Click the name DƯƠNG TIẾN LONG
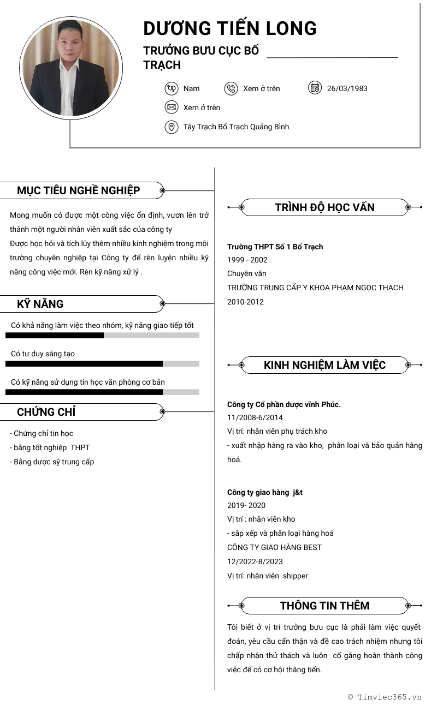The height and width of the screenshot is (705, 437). point(229,28)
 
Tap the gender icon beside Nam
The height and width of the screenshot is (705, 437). point(172,88)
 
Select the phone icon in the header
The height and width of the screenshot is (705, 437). point(231,88)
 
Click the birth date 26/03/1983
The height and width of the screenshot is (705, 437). point(347,88)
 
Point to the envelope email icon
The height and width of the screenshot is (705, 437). point(172,107)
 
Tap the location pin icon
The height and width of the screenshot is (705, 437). point(172,127)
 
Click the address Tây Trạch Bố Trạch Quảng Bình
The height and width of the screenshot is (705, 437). point(236,127)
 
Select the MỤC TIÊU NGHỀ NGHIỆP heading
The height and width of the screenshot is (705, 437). point(78,190)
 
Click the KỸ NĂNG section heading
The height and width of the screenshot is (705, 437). point(40,304)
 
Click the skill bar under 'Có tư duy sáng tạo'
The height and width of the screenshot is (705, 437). point(102,363)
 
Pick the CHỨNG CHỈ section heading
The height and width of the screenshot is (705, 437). point(46,412)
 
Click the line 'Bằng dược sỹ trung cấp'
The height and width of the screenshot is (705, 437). point(52,462)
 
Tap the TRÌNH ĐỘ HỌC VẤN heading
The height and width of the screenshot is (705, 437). point(324,207)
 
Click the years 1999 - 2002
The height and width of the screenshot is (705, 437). point(247,260)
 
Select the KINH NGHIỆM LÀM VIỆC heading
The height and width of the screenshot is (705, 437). point(324,365)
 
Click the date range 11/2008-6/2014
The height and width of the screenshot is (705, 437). point(255,417)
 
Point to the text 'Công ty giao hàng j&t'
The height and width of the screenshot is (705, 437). point(265,492)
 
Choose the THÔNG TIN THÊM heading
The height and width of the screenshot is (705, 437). point(324,606)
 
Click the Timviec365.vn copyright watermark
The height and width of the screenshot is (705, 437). point(385,697)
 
